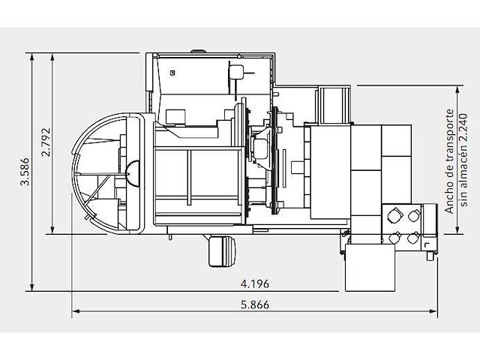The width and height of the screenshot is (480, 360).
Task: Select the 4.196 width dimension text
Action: (255, 283)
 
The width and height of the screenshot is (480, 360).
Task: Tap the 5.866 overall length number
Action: (255, 304)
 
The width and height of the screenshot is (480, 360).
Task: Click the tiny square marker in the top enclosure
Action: (172, 73)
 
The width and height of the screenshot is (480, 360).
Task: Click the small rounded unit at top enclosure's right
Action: (236, 72)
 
